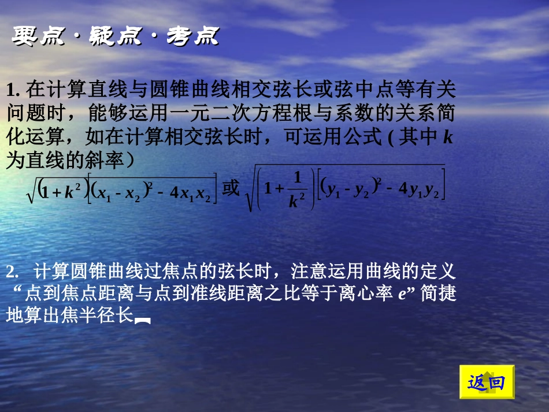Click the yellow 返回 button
point(487,382)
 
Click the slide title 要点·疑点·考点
point(115,36)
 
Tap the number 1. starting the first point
point(14,90)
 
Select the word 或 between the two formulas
point(231,188)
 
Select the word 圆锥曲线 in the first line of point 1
point(177,90)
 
